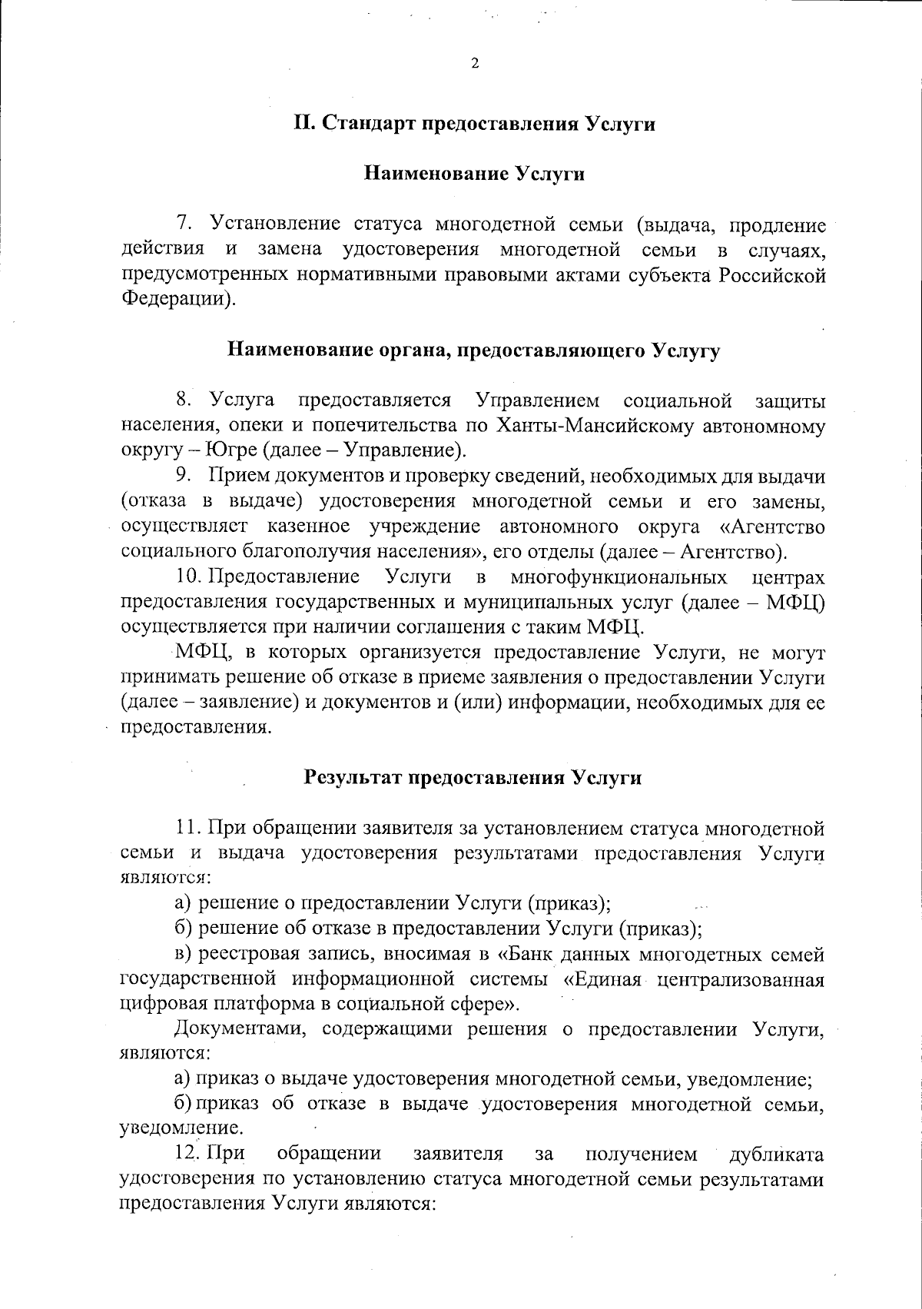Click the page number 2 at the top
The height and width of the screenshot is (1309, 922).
[x=474, y=64]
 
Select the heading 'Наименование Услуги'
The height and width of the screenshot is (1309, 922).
[x=474, y=174]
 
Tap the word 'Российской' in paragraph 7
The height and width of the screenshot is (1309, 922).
[x=772, y=275]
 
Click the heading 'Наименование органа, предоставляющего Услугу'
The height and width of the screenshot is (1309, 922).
[x=474, y=351]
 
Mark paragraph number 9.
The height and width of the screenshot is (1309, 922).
[x=183, y=477]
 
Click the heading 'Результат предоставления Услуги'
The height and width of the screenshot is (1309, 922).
[x=474, y=777]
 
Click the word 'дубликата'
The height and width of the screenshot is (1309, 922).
[x=777, y=1155]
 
